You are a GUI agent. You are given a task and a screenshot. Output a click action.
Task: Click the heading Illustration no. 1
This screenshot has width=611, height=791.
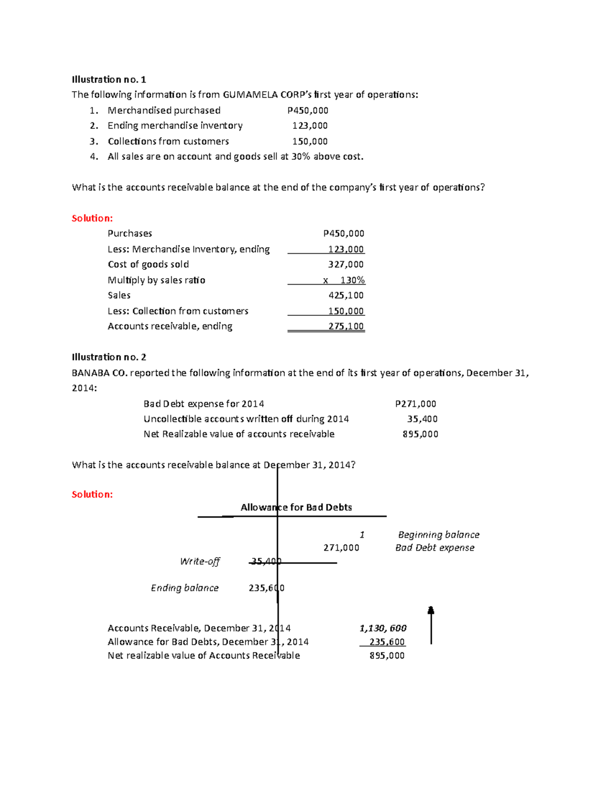pyautogui.click(x=109, y=79)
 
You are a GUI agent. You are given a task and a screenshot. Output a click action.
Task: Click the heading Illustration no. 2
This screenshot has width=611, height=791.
pyautogui.click(x=109, y=357)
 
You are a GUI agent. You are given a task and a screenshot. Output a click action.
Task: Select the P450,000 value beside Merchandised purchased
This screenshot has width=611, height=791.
pyautogui.click(x=308, y=111)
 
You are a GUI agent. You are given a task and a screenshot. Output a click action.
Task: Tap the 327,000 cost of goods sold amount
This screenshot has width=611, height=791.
pyautogui.click(x=346, y=264)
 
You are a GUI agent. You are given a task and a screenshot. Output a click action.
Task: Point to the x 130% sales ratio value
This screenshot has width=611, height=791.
pyautogui.click(x=344, y=280)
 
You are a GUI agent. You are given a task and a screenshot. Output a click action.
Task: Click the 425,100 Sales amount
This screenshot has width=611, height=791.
pyautogui.click(x=346, y=295)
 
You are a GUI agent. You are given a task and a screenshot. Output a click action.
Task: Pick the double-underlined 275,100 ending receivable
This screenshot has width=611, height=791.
pyautogui.click(x=346, y=326)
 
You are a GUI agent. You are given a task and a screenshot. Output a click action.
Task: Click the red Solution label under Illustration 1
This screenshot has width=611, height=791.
pyautogui.click(x=92, y=219)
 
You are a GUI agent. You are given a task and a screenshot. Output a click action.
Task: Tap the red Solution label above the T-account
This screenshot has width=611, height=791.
pyautogui.click(x=92, y=495)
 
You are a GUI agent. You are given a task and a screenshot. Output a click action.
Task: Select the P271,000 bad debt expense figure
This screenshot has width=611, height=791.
pyautogui.click(x=415, y=404)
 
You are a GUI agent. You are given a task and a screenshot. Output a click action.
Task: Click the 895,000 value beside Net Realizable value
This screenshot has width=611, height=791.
pyautogui.click(x=420, y=434)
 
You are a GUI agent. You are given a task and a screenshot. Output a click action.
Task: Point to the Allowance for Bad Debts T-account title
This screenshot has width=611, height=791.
pyautogui.click(x=296, y=507)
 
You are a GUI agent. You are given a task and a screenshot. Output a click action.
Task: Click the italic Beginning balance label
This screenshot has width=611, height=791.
pyautogui.click(x=438, y=535)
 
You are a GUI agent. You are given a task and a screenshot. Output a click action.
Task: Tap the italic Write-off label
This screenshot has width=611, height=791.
pyautogui.click(x=200, y=561)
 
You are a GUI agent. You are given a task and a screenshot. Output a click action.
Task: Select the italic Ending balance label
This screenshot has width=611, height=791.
pyautogui.click(x=184, y=588)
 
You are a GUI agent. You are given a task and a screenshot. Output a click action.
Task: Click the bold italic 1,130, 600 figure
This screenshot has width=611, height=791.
pyautogui.click(x=383, y=629)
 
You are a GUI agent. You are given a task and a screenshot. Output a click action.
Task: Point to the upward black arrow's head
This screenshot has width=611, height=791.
pyautogui.click(x=431, y=610)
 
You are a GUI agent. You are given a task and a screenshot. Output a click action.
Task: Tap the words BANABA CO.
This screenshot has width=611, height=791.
pyautogui.click(x=100, y=373)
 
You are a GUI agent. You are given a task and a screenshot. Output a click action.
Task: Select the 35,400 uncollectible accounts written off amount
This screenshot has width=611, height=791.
pyautogui.click(x=422, y=419)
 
